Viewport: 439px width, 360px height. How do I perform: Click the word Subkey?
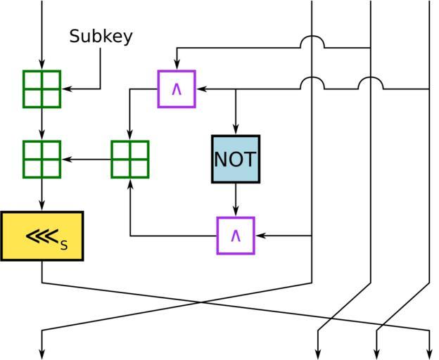[x=101, y=37]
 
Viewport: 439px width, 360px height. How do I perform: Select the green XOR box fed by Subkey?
[x=42, y=89]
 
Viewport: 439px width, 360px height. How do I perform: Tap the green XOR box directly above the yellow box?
[x=42, y=160]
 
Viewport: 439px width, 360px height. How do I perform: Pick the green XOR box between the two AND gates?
[x=130, y=160]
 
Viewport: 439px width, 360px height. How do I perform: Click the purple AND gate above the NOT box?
[x=177, y=89]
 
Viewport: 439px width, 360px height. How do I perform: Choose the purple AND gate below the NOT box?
[x=236, y=236]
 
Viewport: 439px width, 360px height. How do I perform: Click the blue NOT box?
[x=236, y=159]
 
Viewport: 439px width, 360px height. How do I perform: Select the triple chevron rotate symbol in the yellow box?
[x=42, y=236]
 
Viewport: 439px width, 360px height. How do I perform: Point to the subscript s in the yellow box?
[x=64, y=245]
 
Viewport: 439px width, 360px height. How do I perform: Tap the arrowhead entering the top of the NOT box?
[x=236, y=131]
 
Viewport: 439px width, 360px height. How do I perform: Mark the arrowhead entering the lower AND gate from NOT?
[x=236, y=212]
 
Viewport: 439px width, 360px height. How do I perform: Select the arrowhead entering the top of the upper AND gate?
[x=177, y=66]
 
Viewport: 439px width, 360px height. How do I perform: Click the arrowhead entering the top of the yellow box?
[x=42, y=207]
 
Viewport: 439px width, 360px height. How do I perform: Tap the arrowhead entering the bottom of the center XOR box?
[x=130, y=184]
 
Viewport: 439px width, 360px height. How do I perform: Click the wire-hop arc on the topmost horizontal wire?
[x=312, y=42]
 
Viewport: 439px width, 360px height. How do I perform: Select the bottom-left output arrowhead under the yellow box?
[x=42, y=354]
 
